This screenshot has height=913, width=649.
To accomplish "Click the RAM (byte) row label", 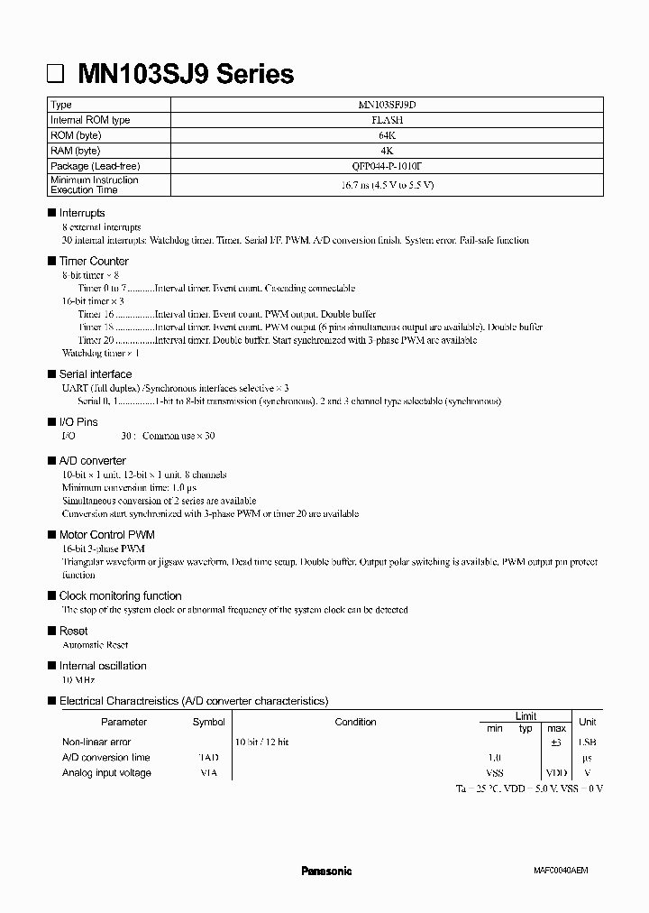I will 76,151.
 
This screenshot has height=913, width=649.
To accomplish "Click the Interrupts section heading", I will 82,213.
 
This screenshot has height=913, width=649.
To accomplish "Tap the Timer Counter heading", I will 94,261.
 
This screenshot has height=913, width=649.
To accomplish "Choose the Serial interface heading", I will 96,373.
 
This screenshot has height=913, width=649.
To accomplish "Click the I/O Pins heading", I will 78,421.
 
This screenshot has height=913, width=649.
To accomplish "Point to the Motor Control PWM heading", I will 106,534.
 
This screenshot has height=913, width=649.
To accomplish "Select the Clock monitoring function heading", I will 120,595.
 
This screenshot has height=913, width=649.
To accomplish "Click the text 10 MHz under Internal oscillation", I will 78,679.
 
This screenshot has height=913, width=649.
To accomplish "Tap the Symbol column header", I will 208,722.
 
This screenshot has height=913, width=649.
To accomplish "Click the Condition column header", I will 355,722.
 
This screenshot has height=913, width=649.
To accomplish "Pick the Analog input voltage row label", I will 106,773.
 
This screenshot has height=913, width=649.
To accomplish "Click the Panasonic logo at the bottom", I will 325,871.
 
